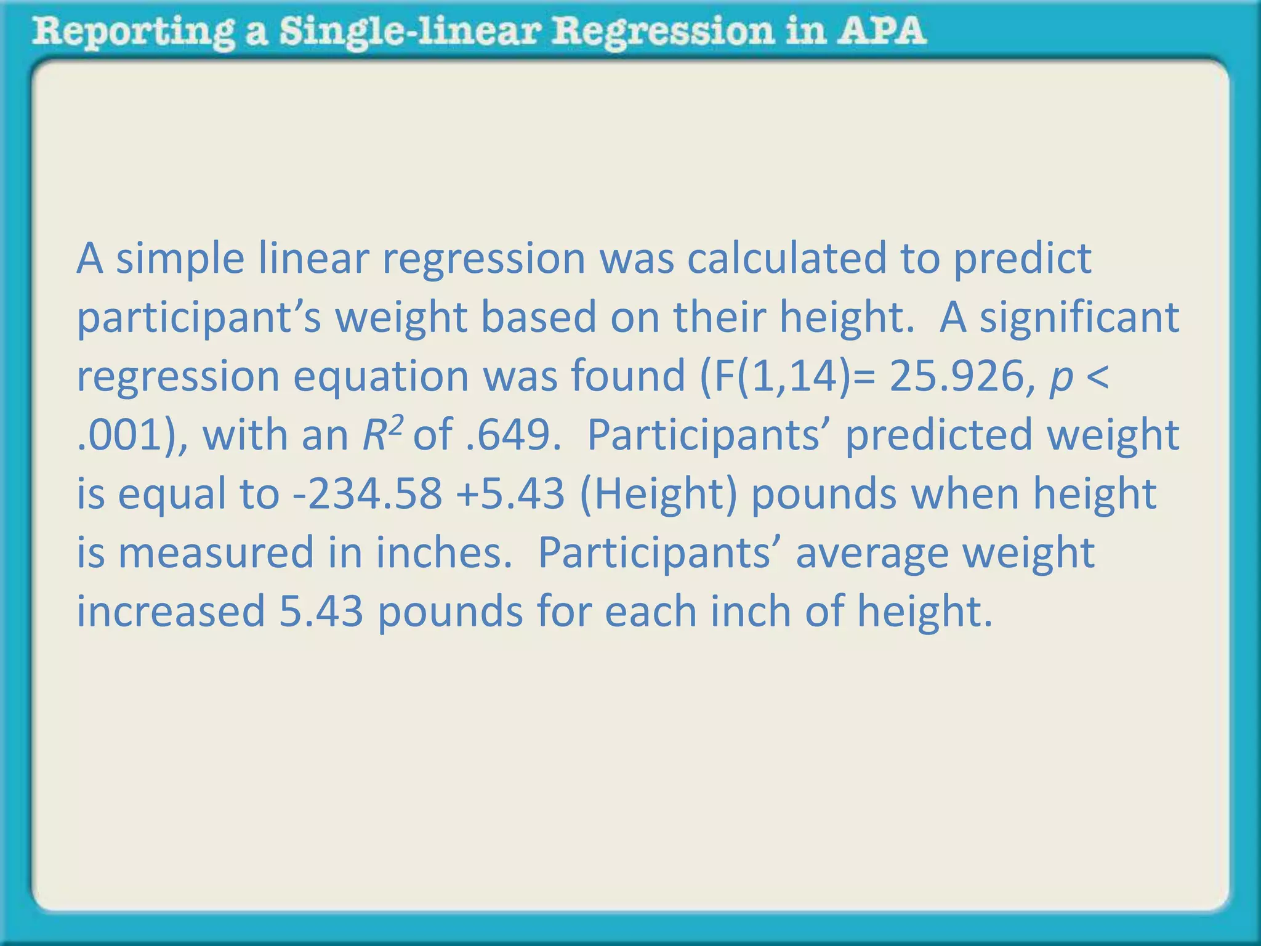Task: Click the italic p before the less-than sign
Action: point(1060,378)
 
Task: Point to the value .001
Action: point(123,435)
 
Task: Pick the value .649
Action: point(511,435)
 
